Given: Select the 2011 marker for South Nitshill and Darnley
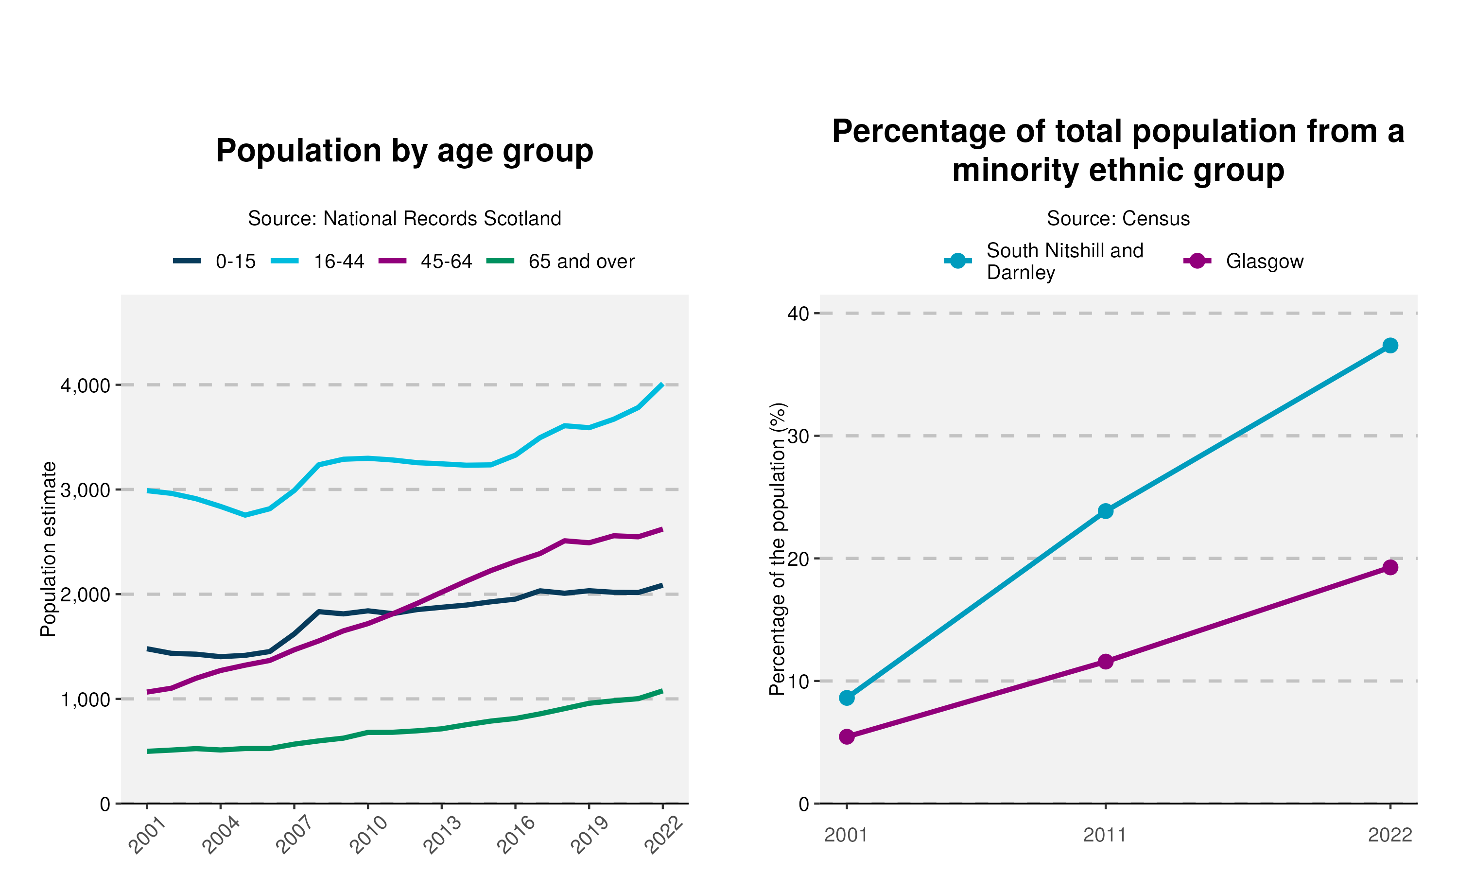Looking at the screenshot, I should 1106,510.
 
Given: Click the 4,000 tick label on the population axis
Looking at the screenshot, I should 86,385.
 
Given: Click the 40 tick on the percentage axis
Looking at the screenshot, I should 798,313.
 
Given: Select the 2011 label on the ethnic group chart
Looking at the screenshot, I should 1105,835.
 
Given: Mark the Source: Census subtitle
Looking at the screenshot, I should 1118,218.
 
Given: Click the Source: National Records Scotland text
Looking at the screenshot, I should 404,218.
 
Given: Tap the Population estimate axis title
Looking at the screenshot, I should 48,549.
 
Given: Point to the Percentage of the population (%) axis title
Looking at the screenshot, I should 778,549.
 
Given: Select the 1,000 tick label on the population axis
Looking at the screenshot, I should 86,700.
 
